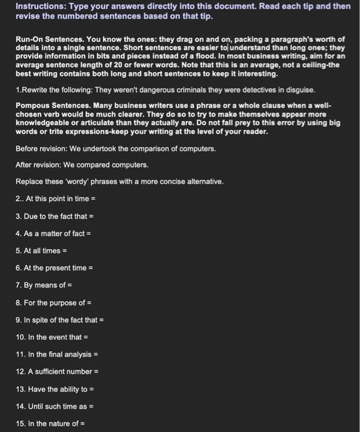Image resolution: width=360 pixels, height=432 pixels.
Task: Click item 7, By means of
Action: pos(44,285)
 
